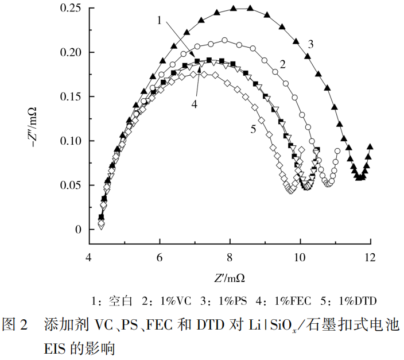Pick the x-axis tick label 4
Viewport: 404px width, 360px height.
point(89,257)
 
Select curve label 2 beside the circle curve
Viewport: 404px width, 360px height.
point(283,63)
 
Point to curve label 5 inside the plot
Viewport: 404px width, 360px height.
point(252,130)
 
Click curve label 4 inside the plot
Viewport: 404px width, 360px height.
point(195,104)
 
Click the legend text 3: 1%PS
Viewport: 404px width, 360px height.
point(218,300)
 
